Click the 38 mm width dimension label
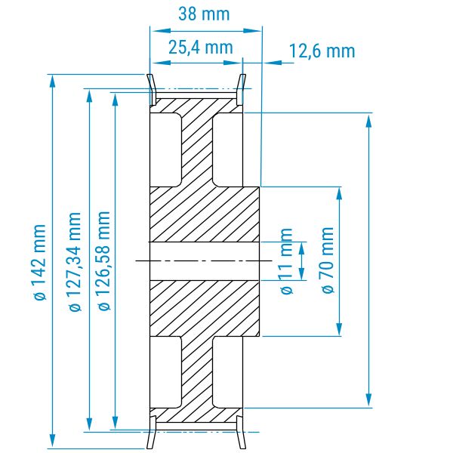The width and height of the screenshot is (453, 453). [x=204, y=14]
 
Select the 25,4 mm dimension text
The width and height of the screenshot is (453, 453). [x=201, y=48]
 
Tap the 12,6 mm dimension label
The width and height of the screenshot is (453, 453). [x=322, y=51]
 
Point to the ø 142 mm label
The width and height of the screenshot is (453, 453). [x=40, y=262]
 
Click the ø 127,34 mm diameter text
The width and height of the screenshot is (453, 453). [x=75, y=262]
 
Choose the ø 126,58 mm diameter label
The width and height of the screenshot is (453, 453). [x=104, y=261]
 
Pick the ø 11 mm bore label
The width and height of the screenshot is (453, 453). [x=286, y=261]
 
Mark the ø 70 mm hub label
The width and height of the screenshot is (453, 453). [x=328, y=260]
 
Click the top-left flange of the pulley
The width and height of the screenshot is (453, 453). [x=152, y=90]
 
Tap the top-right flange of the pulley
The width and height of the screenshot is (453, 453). [x=242, y=90]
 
